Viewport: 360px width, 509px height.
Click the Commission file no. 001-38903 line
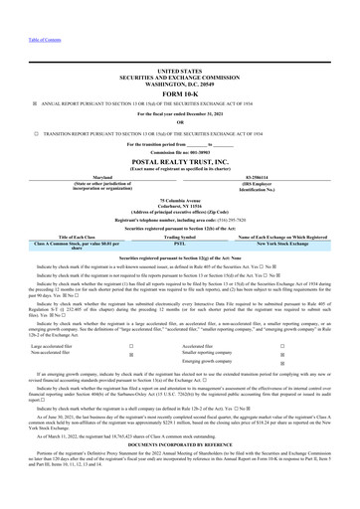179,151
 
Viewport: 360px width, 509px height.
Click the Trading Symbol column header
180,237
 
